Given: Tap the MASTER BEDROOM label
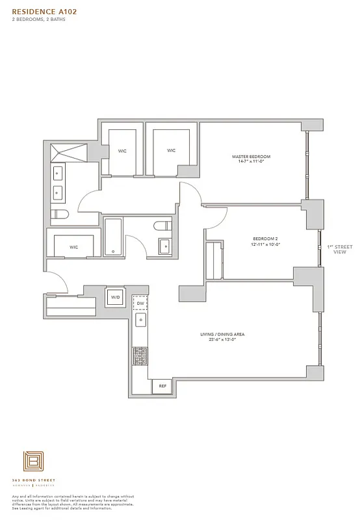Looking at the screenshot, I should (x=251, y=157).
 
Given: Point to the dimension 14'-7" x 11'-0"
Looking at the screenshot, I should (x=251, y=162).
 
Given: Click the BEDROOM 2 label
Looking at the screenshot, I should (x=265, y=239).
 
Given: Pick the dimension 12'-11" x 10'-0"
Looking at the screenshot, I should (x=265, y=244).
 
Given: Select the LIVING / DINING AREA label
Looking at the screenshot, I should (x=222, y=334).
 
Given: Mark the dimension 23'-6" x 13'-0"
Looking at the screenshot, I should (x=222, y=339).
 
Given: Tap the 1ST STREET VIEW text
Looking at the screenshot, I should (x=339, y=249).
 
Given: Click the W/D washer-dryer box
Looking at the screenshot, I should (x=116, y=297).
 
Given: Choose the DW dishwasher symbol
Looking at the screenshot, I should (x=140, y=304).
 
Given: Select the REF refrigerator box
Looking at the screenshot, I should (x=161, y=386).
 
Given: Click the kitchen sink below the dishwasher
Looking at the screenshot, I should (x=140, y=320).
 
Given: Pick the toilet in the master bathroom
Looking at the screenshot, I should (x=59, y=214).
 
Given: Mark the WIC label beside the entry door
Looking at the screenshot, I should (x=73, y=247).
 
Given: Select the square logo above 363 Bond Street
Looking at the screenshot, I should (x=32, y=463).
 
